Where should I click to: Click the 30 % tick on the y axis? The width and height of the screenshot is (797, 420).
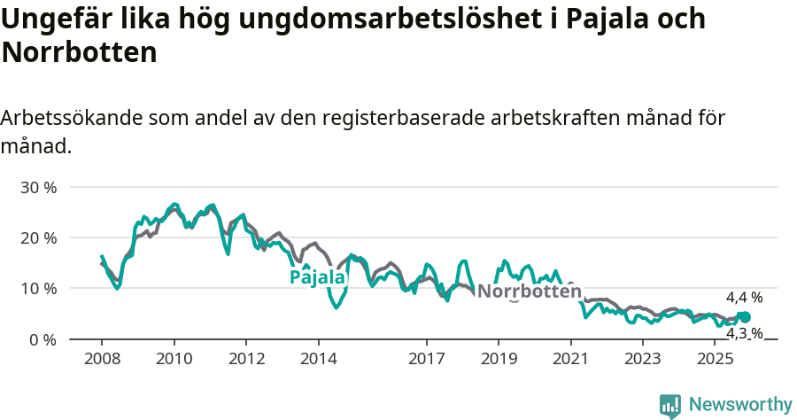[38, 188]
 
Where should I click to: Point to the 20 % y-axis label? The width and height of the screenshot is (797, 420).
[38, 238]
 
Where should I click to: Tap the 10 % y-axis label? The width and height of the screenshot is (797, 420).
[38, 289]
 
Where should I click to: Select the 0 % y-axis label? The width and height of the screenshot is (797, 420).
[43, 339]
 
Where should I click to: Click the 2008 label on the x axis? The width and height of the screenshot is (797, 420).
[102, 359]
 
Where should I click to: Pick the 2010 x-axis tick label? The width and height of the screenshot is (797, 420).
[174, 359]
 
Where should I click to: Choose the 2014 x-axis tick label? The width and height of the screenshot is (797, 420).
[318, 359]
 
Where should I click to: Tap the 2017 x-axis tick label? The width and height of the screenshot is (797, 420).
[426, 359]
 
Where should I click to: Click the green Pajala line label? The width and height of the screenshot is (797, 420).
[317, 277]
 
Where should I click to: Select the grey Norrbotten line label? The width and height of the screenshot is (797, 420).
[529, 292]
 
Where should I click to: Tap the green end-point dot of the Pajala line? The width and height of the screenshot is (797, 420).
[745, 317]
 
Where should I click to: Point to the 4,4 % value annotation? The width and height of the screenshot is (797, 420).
[744, 298]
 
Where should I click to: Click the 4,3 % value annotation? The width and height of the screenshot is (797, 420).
[744, 333]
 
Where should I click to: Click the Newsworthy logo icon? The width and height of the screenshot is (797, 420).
[670, 406]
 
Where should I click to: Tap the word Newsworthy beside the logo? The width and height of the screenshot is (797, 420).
[740, 405]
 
